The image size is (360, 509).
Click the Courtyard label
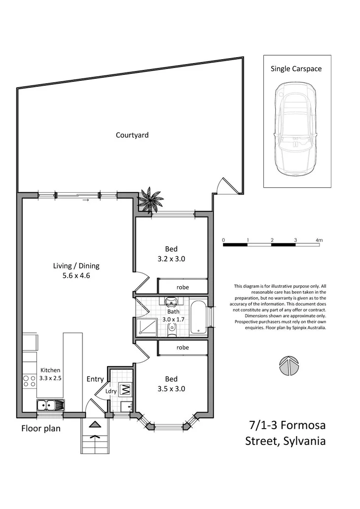point(132,135)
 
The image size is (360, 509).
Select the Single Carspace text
point(296,69)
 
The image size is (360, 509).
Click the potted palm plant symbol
point(150,200)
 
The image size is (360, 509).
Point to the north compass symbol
point(289,365)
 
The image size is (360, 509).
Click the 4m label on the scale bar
point(319,240)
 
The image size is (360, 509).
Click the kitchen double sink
point(51,406)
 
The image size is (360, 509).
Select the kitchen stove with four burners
point(30,381)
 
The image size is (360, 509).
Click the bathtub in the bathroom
point(198,318)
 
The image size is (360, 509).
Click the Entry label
point(95,379)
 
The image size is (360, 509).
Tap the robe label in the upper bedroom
point(182,287)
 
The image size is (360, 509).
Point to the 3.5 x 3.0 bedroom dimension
point(171,389)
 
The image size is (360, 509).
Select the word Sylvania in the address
point(304,441)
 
